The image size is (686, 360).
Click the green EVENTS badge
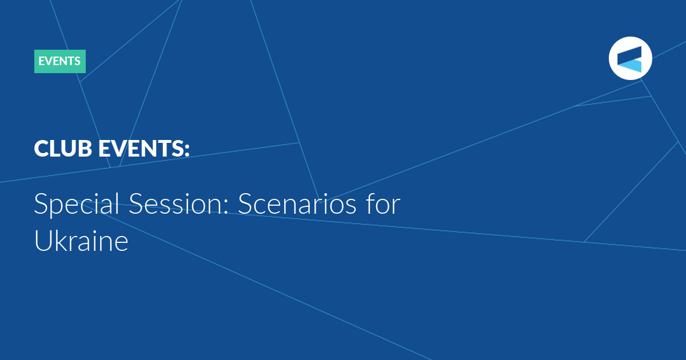coord(60,61)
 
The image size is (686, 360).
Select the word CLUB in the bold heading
coord(63,149)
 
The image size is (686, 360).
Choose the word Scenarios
coord(297,203)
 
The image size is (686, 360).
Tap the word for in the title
coord(383,203)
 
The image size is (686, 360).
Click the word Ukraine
coord(81,241)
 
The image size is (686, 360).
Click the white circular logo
coord(630,58)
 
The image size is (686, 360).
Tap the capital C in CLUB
coord(41,149)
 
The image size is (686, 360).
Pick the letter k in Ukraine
coord(62,241)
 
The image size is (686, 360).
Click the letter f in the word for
coord(371,203)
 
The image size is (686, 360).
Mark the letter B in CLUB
coord(85,149)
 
